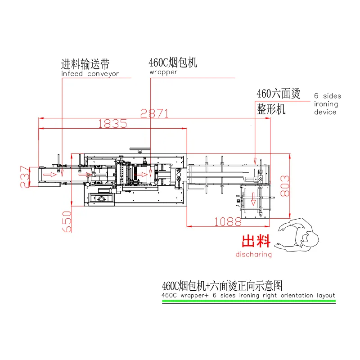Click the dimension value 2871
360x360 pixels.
(154, 113)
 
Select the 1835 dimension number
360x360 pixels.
(112, 124)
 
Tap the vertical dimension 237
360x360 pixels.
(25, 176)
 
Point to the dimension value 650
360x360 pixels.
(67, 221)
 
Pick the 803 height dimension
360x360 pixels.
(285, 186)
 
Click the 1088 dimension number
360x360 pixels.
(228, 222)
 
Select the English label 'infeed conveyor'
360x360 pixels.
(90, 74)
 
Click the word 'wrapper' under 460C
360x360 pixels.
(163, 72)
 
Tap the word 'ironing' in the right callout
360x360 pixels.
(326, 104)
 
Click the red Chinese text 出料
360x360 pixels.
(256, 241)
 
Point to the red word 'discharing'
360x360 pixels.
(253, 254)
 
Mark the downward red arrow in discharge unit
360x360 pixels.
(253, 199)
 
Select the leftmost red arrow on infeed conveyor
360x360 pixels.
(50, 175)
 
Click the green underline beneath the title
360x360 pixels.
(249, 301)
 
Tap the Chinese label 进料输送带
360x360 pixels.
(85, 64)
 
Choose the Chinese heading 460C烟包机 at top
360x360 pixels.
(173, 63)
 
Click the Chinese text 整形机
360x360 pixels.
(271, 109)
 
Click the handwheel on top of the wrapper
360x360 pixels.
(140, 150)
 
